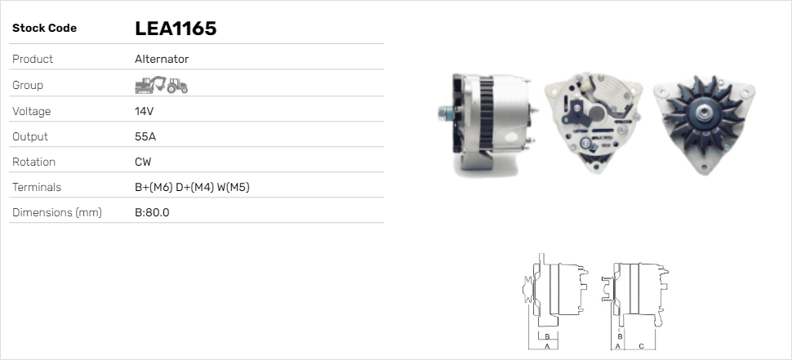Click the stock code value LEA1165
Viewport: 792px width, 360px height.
coord(176,29)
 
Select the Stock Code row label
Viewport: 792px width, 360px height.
coord(44,29)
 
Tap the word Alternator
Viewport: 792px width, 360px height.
coord(162,59)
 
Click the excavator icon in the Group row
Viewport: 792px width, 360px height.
coord(150,85)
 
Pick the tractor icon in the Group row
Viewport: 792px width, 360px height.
coord(177,86)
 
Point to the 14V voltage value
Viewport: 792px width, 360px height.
coord(144,111)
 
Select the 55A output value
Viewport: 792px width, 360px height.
coord(145,137)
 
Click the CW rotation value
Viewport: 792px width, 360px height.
coord(143,162)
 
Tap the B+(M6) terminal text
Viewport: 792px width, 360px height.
coord(154,187)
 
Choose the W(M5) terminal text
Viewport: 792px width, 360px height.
coord(234,187)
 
